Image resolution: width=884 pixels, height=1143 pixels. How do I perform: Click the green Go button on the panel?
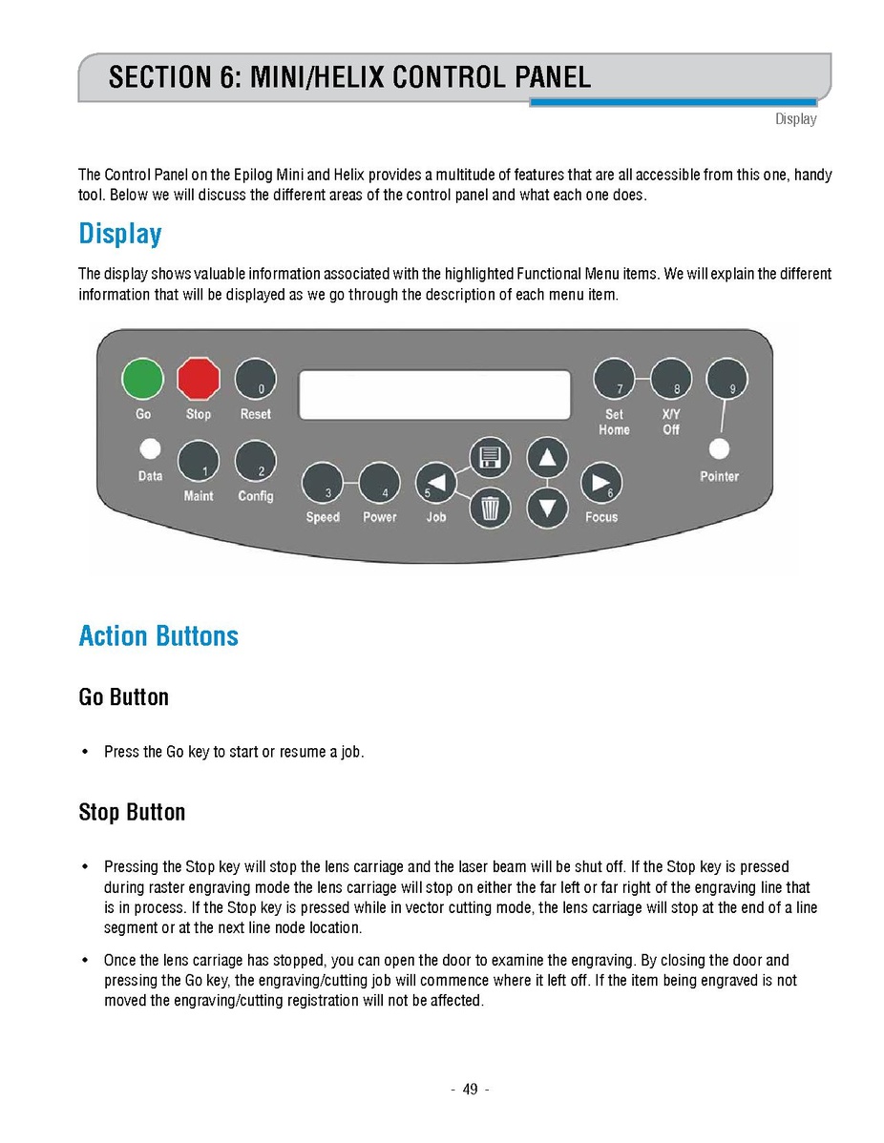tap(142, 380)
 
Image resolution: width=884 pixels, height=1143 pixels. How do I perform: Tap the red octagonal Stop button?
tap(199, 380)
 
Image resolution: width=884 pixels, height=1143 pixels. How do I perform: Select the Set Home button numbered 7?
tap(615, 380)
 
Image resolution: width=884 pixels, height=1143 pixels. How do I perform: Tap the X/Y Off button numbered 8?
tap(671, 380)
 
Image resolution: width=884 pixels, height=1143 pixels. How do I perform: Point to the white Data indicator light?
tap(149, 448)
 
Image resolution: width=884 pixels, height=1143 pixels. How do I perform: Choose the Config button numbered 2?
tap(255, 461)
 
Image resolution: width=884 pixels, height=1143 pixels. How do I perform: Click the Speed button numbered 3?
tap(323, 484)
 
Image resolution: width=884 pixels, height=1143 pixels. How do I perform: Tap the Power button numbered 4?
tap(379, 484)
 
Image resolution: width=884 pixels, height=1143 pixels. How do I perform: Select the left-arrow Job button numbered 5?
tap(435, 484)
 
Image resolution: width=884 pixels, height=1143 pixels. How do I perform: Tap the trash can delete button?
tap(490, 508)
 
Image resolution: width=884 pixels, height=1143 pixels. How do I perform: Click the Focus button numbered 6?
tap(601, 484)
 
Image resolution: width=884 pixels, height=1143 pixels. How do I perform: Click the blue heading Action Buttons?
tap(158, 636)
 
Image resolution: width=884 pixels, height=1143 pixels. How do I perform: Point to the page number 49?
tap(470, 1090)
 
